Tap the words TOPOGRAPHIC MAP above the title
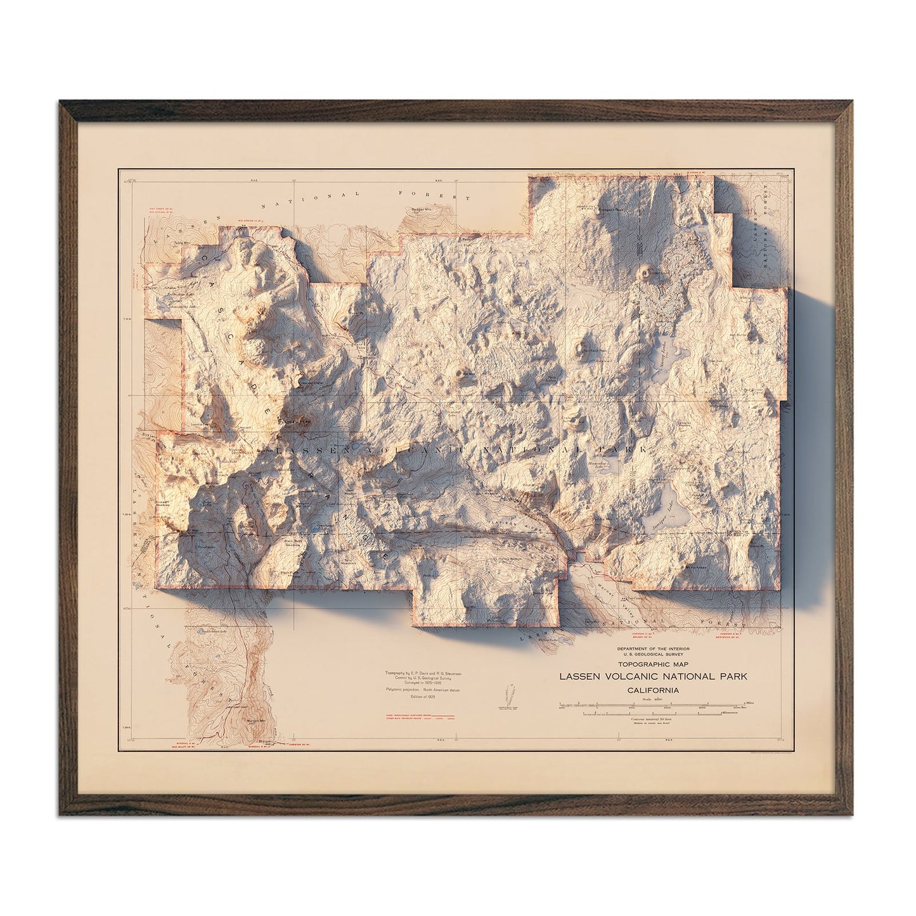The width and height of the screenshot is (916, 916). (x=653, y=666)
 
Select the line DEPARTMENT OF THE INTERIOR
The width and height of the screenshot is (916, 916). (x=653, y=650)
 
